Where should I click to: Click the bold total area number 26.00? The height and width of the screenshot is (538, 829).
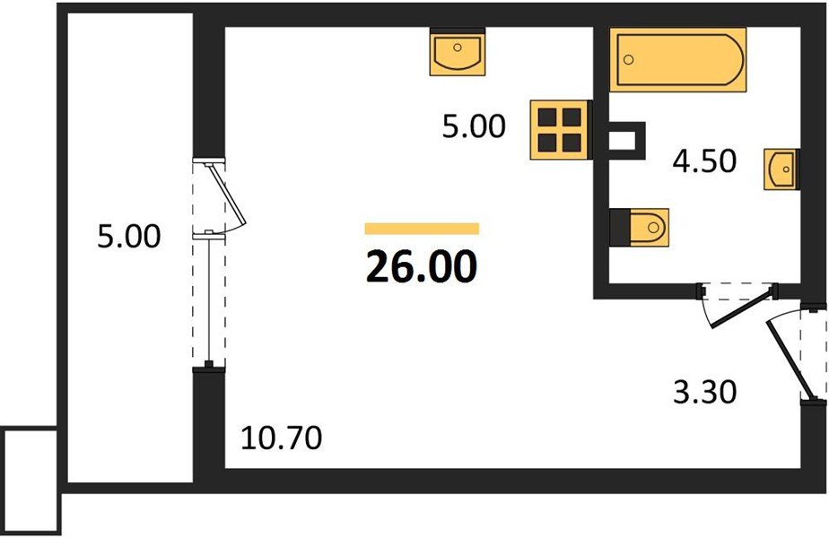[x=422, y=266]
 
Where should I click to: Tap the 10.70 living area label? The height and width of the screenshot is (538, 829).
[x=282, y=438]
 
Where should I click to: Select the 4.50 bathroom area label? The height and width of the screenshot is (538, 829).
[x=704, y=161]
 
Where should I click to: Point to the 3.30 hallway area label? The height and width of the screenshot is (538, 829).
[x=705, y=393]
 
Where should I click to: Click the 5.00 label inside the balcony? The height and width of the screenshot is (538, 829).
[x=129, y=236]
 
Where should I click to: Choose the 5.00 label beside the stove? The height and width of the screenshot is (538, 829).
[x=474, y=126]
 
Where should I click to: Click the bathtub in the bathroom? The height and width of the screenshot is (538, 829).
[x=677, y=60]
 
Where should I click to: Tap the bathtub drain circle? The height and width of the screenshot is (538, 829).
[x=629, y=60]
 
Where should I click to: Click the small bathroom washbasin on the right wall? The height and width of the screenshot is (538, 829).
[x=781, y=169]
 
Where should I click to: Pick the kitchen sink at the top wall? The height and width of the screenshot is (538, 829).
[x=458, y=52]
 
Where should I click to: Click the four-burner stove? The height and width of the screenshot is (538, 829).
[x=559, y=129]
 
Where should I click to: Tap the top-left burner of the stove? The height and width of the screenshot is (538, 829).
[x=547, y=117]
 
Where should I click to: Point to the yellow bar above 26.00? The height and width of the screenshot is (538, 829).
[x=422, y=229]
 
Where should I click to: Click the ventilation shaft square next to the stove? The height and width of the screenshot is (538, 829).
[x=626, y=141]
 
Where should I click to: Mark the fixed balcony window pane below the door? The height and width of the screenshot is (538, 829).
[x=209, y=300]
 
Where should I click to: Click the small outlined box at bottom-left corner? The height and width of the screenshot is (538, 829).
[x=31, y=480]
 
